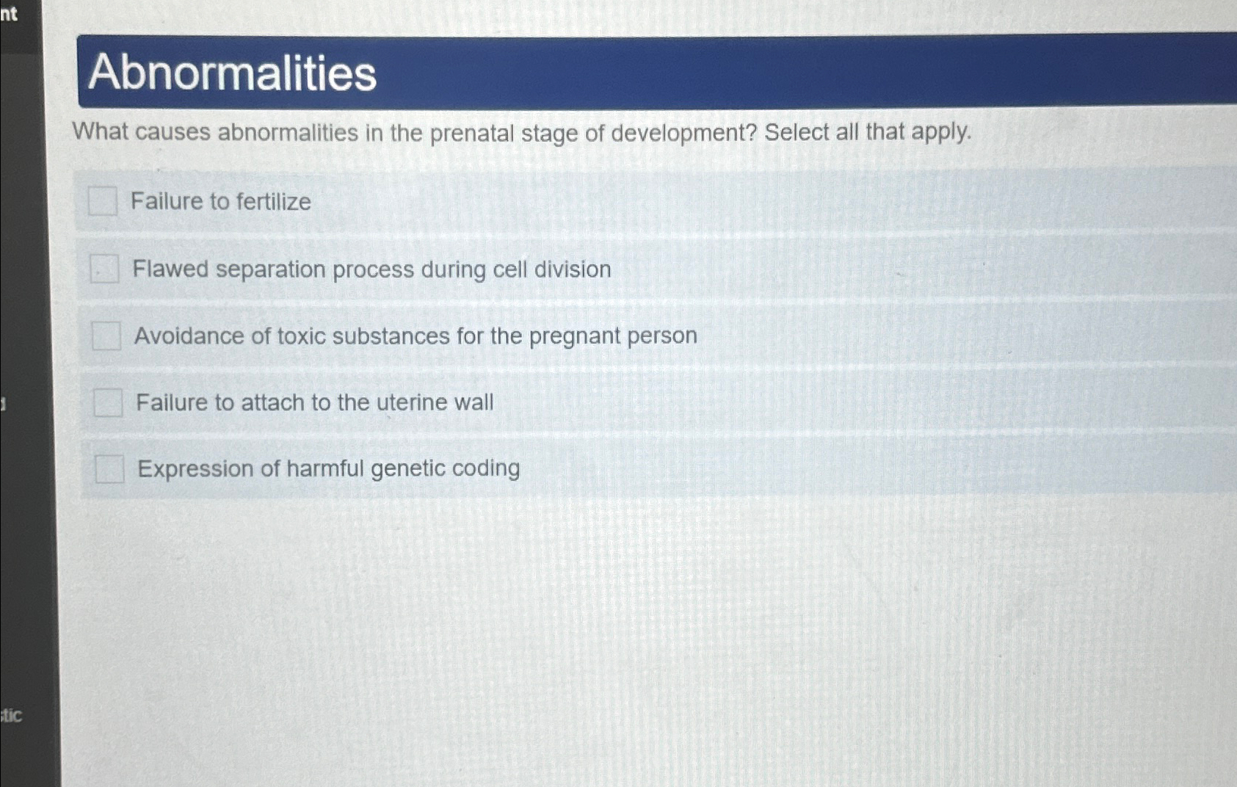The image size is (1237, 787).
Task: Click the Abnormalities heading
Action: coord(232,73)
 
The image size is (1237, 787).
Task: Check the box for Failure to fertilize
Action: coord(103,200)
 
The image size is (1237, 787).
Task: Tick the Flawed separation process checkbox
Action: coord(104,269)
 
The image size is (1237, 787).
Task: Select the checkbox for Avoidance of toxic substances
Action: coord(106,336)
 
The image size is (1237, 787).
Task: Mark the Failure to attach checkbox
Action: coord(108,402)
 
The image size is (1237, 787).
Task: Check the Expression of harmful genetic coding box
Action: coord(109,468)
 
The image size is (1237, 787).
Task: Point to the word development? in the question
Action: coord(683,133)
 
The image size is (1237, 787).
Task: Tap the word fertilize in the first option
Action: coord(274,201)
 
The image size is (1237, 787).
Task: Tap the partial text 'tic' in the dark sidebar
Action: coord(12,714)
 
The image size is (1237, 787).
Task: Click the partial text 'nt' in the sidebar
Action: coord(9,13)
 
